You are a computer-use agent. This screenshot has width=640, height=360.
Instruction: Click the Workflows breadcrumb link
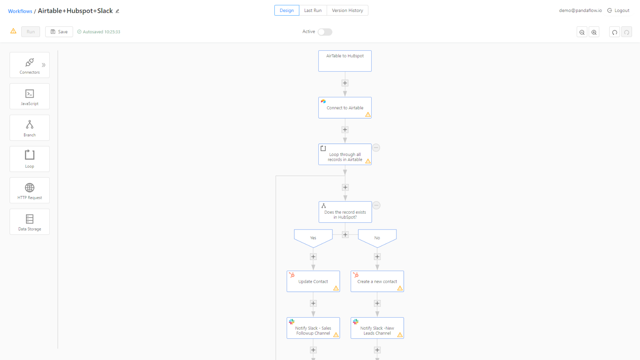[x=20, y=11]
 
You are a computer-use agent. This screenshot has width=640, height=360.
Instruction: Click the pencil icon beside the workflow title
[x=118, y=11]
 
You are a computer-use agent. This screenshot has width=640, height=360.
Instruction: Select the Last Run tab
[x=312, y=10]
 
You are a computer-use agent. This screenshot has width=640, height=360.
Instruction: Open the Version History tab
[x=347, y=10]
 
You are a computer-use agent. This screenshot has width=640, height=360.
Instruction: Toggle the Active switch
[x=325, y=32]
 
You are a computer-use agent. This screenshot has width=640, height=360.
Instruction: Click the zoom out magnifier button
[x=582, y=32]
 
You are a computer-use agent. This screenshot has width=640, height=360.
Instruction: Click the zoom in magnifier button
[x=594, y=32]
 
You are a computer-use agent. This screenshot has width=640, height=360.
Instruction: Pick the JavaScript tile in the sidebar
[x=30, y=96]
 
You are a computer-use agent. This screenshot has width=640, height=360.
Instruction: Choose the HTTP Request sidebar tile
[x=30, y=190]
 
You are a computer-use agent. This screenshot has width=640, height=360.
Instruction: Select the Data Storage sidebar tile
[x=30, y=222]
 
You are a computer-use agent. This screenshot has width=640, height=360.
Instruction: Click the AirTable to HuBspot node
[x=345, y=61]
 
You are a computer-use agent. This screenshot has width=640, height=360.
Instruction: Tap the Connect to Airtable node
[x=345, y=108]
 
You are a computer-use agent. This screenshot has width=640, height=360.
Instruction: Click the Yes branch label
[x=313, y=238]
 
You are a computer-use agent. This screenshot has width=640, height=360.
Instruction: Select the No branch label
[x=377, y=238]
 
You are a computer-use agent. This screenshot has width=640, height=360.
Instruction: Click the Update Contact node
[x=313, y=281]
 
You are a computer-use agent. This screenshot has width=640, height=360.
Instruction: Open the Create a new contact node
[x=377, y=281]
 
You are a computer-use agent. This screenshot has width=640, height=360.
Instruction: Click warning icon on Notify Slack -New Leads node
[x=400, y=335]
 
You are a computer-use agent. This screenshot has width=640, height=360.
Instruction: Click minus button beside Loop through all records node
[x=376, y=148]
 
